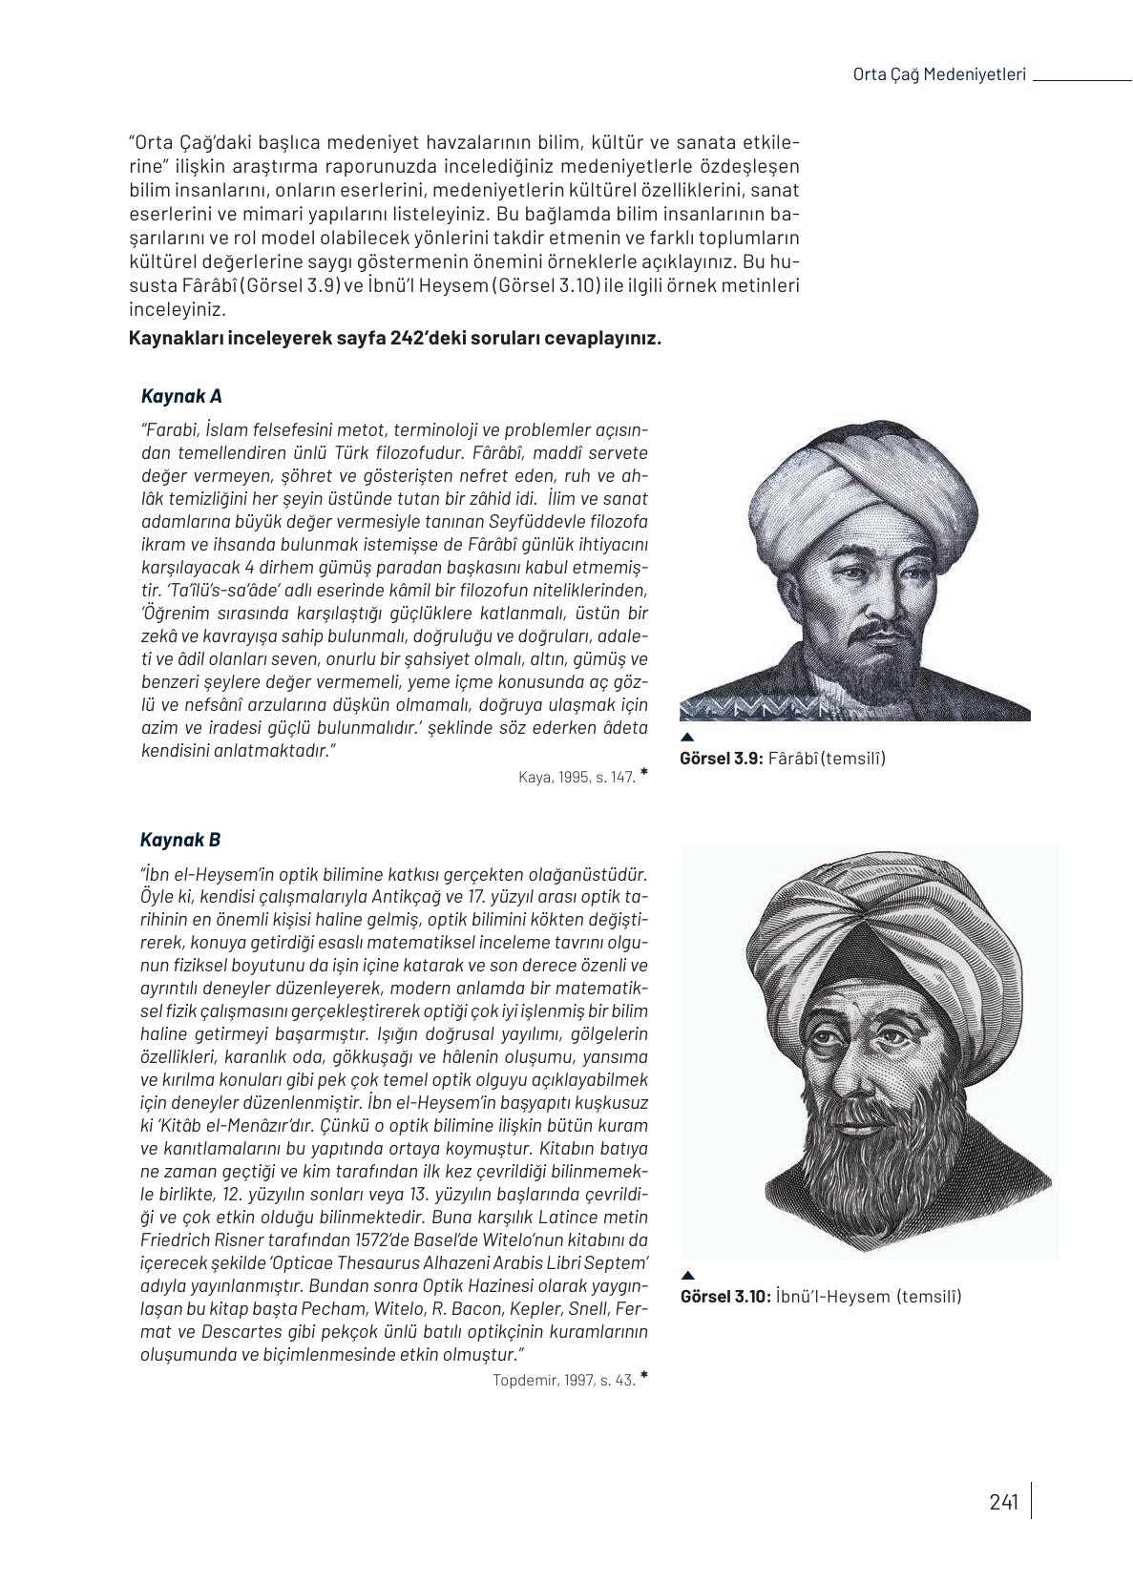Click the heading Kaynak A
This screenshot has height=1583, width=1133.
(181, 396)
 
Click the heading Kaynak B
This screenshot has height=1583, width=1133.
(180, 840)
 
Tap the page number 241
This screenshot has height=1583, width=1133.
(1003, 1503)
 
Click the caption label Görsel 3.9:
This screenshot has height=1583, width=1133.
(721, 759)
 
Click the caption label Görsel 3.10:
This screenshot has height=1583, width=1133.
(724, 1297)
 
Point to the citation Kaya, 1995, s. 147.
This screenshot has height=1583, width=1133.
(577, 777)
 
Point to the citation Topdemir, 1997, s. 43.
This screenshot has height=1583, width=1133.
(564, 1380)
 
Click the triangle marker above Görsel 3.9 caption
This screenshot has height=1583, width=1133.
(686, 737)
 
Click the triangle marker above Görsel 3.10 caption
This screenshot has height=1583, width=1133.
(688, 1276)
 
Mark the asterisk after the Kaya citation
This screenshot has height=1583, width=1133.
(644, 773)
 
